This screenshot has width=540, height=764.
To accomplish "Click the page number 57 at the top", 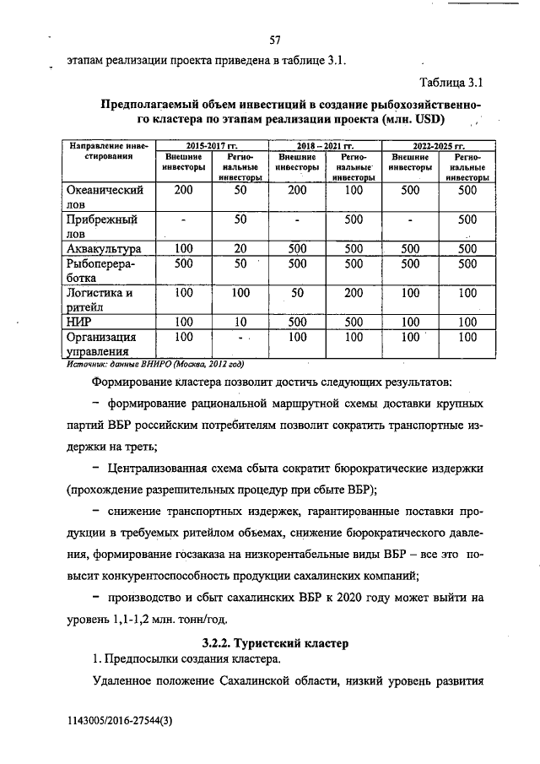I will tap(275, 40).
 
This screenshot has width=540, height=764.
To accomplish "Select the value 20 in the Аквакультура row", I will tap(240, 248).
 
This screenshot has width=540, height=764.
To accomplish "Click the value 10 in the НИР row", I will tap(240, 322).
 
